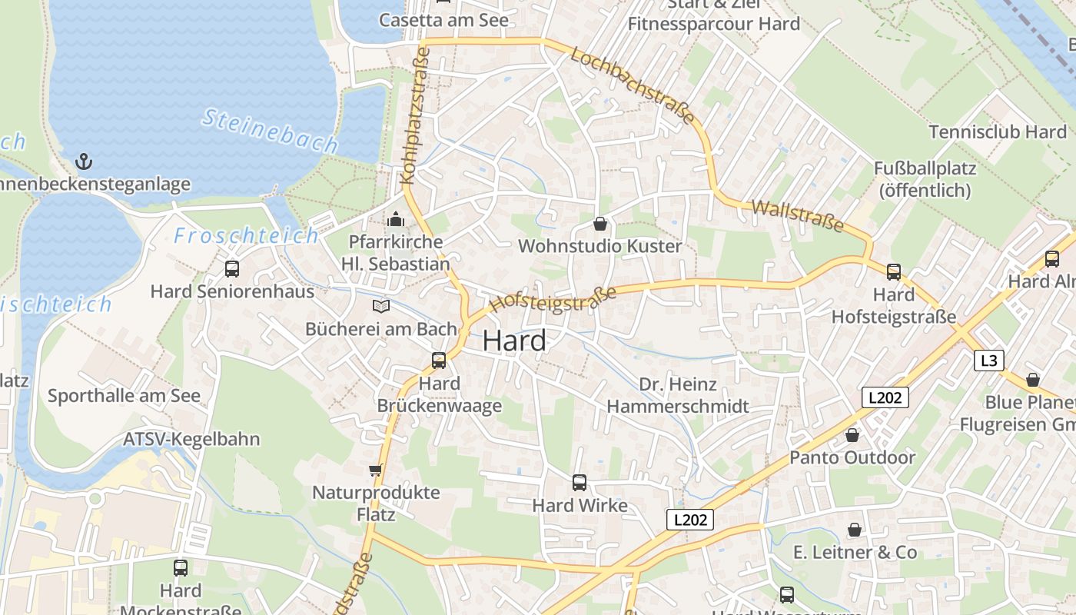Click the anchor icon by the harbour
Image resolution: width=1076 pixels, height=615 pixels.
coord(84,161)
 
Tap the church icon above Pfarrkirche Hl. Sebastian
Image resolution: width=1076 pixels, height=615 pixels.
coord(396,220)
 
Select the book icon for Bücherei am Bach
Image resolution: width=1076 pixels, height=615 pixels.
coord(380,307)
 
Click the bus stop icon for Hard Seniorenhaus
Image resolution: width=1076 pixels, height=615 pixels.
coord(232,269)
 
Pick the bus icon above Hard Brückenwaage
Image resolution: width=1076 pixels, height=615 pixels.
coord(439,360)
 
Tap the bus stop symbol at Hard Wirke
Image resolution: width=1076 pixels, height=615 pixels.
coord(580,483)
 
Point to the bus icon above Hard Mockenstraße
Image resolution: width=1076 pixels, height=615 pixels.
coord(181,568)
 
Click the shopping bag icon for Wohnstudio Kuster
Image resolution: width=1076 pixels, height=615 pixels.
coord(600,224)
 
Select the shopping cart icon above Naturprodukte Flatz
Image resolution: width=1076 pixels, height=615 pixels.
coord(375,470)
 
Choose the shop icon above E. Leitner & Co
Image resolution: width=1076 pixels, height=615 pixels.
coord(854,530)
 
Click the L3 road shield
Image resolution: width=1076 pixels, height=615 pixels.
coord(989,361)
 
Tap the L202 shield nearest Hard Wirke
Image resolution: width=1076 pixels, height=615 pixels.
coord(689,520)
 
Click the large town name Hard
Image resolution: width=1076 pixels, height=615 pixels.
coord(515,341)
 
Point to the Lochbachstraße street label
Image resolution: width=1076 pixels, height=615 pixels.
coord(633,86)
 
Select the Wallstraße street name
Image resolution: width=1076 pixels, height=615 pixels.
coord(798,216)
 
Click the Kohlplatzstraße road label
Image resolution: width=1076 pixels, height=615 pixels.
coord(415,116)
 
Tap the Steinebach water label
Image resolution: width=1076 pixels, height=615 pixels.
coord(270,130)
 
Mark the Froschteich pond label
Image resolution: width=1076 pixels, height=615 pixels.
coord(246,236)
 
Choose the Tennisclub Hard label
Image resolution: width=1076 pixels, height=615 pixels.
coord(998,131)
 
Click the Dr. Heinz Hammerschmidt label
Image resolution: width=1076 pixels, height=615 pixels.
coord(678,395)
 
